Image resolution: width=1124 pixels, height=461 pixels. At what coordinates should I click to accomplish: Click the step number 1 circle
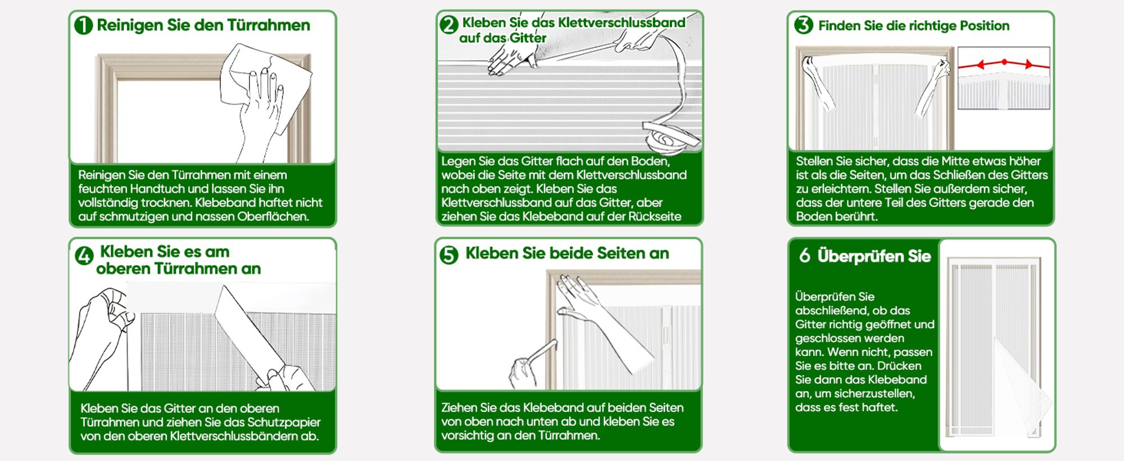(83, 25)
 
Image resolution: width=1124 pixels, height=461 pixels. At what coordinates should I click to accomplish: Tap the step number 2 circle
(449, 25)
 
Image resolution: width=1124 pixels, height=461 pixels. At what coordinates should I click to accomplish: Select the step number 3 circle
(804, 25)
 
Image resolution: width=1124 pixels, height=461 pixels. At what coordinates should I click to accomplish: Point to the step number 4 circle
(84, 256)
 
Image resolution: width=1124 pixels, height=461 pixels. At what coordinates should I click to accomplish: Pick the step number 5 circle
(449, 255)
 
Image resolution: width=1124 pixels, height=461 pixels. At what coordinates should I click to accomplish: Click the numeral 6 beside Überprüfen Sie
(805, 256)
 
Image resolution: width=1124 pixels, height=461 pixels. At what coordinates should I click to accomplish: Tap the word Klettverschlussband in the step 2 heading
(622, 22)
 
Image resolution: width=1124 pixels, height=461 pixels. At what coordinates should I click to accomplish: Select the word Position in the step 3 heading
(985, 26)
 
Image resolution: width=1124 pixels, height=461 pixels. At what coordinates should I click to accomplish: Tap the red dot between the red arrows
(1004, 62)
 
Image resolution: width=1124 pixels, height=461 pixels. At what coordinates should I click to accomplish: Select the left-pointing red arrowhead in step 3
(980, 65)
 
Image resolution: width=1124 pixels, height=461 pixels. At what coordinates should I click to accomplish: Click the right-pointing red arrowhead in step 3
(1028, 65)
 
